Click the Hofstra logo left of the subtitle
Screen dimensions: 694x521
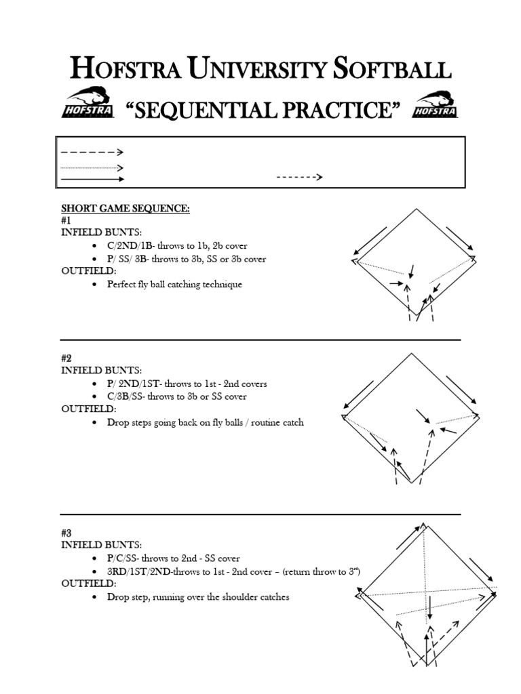[86, 104]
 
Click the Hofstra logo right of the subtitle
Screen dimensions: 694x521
[435, 104]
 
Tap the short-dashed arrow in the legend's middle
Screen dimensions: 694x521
[299, 178]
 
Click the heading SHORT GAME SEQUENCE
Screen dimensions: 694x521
[126, 209]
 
